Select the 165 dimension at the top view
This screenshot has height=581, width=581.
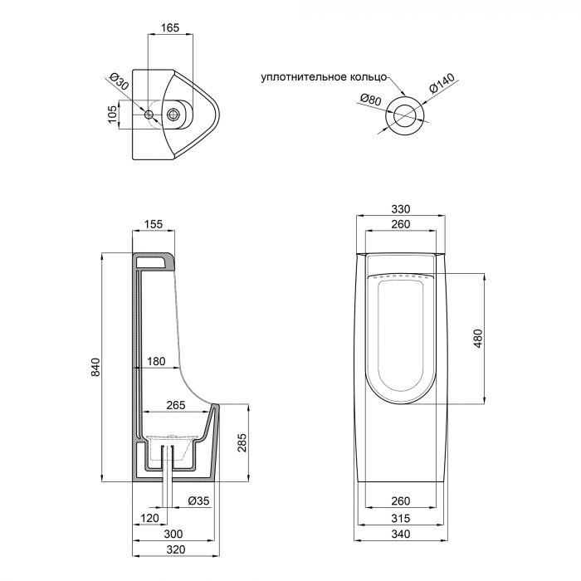169,28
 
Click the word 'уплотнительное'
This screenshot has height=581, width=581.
304,77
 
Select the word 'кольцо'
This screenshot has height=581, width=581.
368,77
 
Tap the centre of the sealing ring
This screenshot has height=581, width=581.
407,114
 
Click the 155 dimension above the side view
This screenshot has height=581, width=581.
153,224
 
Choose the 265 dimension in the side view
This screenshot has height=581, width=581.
175,405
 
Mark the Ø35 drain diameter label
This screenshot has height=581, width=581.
198,500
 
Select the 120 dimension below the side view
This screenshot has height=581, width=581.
149,518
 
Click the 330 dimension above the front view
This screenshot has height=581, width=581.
402,209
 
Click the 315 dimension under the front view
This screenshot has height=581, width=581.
401,518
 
